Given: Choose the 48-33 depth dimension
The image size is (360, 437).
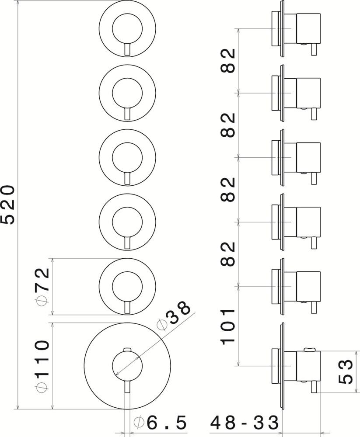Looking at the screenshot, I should click(245, 423).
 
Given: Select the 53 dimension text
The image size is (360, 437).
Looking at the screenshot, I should click(346, 371).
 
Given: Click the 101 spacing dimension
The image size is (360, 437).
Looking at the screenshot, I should click(228, 326).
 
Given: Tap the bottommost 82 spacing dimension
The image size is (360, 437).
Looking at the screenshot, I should click(228, 254).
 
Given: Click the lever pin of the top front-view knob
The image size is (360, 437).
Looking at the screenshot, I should click(127, 50).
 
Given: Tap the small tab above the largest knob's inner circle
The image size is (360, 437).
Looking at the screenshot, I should click(127, 349).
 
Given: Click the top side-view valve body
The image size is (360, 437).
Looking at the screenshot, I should click(308, 29).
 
